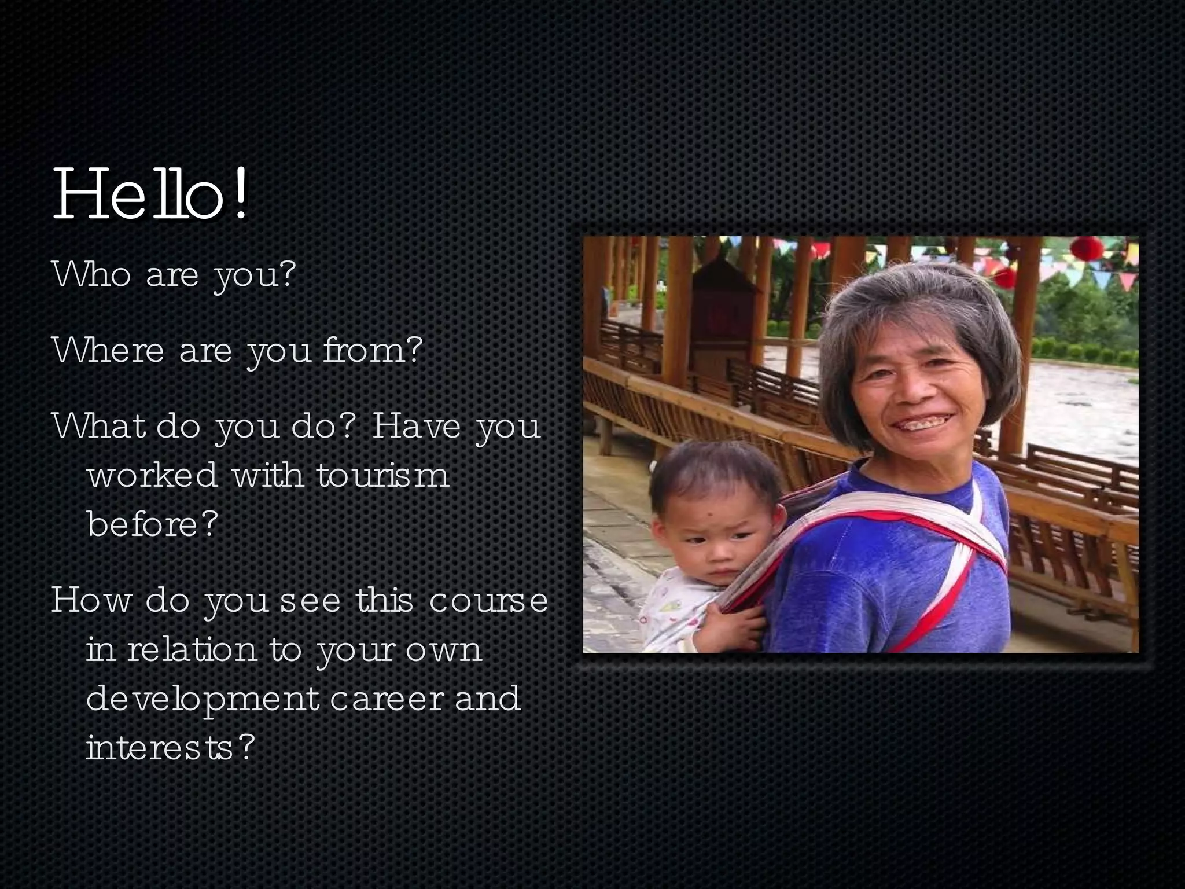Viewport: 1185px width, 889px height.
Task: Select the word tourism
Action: (x=382, y=476)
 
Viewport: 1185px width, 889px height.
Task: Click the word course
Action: (x=488, y=600)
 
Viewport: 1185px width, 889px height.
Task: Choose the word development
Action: (x=203, y=699)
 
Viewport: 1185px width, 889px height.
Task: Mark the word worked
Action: (x=152, y=475)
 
